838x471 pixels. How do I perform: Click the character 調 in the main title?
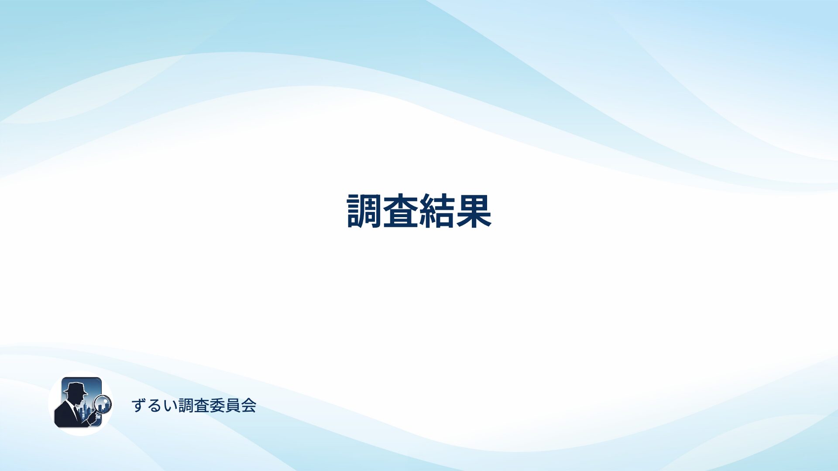point(364,211)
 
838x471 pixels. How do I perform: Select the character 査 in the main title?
point(401,211)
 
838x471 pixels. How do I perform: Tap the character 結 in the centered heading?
point(437,211)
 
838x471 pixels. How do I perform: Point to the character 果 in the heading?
point(474,211)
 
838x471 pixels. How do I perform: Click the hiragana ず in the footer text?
point(138,406)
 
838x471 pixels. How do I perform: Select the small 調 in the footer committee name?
point(186,406)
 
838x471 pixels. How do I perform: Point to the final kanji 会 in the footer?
point(249,406)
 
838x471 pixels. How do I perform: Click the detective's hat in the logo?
point(75,389)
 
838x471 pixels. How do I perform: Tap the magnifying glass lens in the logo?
point(103,404)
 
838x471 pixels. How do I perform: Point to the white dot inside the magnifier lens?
point(106,400)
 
